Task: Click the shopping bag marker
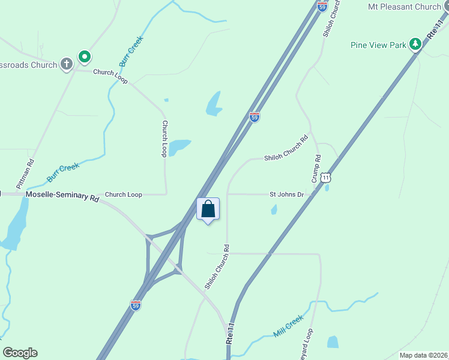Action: pyautogui.click(x=208, y=209)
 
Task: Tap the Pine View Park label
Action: pyautogui.click(x=378, y=44)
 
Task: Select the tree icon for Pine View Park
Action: pyautogui.click(x=414, y=44)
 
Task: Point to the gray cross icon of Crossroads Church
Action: pyautogui.click(x=66, y=63)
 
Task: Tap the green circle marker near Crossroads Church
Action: pyautogui.click(x=85, y=58)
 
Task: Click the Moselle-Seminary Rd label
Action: pyautogui.click(x=62, y=196)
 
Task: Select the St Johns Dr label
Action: pyautogui.click(x=287, y=194)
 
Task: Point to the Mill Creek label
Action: pyautogui.click(x=288, y=327)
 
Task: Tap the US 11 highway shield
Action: pyautogui.click(x=325, y=178)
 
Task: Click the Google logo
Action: pyautogui.click(x=20, y=353)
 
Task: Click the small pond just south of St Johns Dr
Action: pyautogui.click(x=274, y=209)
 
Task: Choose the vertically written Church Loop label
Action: pyautogui.click(x=164, y=139)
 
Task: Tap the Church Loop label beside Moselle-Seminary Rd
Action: pyautogui.click(x=124, y=194)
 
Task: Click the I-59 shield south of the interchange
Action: pyautogui.click(x=136, y=305)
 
